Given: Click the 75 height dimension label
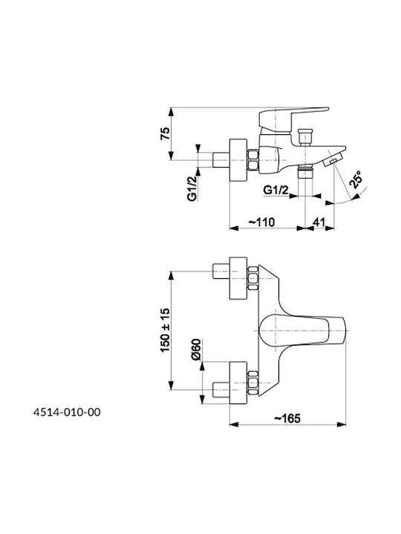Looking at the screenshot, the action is point(165,133).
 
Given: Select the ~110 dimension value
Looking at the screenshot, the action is point(261,222).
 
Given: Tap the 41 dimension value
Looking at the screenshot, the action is point(319,222).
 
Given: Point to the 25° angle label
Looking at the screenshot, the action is point(355,179).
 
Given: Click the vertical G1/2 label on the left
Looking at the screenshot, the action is point(192,188).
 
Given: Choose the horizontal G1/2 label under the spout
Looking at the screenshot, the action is point(276,190).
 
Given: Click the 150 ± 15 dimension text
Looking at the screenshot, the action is point(165,330).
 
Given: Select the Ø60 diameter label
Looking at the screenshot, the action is point(197,350).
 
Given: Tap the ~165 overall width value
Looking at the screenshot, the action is point(287,418).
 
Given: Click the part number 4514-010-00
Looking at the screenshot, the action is point(67,412).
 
